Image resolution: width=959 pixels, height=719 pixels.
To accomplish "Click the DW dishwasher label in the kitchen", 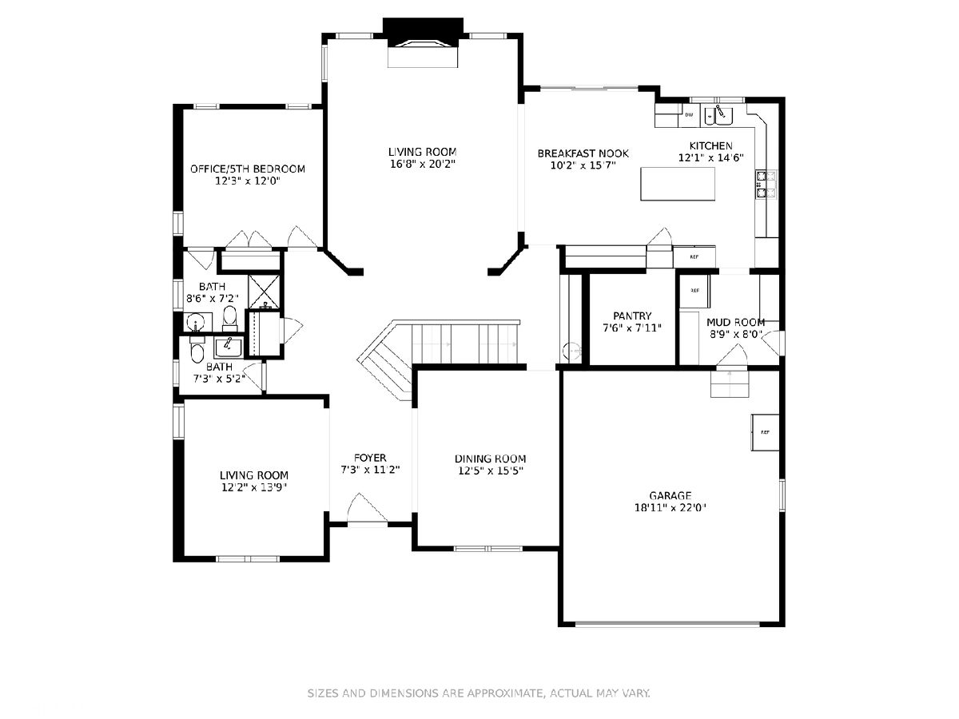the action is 689,115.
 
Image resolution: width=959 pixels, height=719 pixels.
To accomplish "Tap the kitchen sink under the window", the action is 718,115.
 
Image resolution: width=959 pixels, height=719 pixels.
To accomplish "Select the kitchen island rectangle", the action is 677,185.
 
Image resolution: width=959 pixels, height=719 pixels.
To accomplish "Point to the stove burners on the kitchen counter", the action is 766,185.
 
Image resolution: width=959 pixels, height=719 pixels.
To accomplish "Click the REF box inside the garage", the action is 765,432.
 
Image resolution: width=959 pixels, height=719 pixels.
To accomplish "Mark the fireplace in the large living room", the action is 423,43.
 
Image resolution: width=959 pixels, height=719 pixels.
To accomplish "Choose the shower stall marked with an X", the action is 264,291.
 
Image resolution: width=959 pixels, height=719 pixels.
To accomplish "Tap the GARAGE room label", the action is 671,495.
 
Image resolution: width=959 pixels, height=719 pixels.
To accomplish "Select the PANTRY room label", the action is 632,316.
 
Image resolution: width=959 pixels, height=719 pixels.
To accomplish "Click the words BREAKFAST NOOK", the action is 583,153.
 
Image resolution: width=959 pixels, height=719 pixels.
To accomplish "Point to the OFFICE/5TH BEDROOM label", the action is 247,169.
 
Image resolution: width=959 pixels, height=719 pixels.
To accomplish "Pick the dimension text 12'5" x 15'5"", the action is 490,471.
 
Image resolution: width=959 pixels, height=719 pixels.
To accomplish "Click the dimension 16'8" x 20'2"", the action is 423,164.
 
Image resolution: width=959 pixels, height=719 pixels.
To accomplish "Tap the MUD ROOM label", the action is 736,322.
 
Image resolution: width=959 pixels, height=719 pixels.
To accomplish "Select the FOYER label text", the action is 370,458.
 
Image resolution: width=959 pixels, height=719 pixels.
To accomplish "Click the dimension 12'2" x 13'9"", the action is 254,487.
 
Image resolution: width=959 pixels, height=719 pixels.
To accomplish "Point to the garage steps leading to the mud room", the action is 730,383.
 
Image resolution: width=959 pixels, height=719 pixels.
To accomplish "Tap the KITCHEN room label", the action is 710,146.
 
